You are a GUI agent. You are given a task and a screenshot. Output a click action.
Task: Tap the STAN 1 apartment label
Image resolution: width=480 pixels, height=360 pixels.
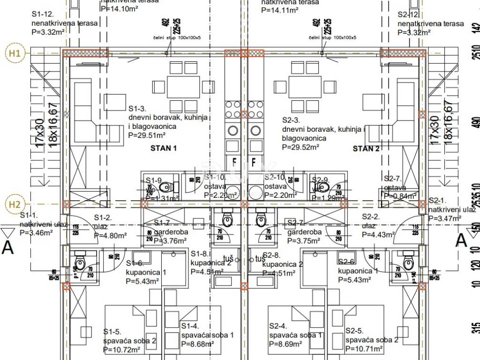click(163, 149)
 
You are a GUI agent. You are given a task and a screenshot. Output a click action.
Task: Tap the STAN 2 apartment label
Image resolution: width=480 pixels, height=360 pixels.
click(366, 149)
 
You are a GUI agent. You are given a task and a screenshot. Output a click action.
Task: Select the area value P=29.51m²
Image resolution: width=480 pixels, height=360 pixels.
click(147, 135)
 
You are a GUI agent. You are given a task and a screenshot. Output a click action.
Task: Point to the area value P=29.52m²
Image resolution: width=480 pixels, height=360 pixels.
click(300, 147)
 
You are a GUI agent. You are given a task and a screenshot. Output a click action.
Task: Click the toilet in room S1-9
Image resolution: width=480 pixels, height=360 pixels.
click(165, 188)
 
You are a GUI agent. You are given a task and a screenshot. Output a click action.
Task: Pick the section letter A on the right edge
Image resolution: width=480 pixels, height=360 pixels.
click(462, 240)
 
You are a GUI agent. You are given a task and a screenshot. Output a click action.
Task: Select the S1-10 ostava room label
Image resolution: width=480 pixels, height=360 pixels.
click(216, 177)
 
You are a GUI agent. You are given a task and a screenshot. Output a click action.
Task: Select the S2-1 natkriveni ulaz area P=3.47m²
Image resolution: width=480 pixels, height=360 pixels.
click(446, 218)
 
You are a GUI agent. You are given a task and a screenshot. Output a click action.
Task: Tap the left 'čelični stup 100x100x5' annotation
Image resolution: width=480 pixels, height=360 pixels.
click(176, 37)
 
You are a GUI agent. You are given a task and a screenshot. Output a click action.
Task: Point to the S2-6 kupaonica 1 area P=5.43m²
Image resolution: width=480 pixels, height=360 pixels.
click(355, 280)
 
